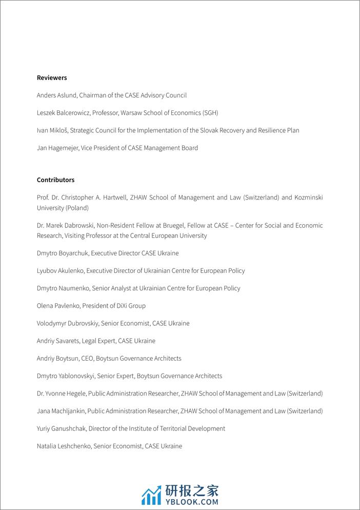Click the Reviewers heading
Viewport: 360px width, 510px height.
point(52,78)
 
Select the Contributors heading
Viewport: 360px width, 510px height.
point(55,180)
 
